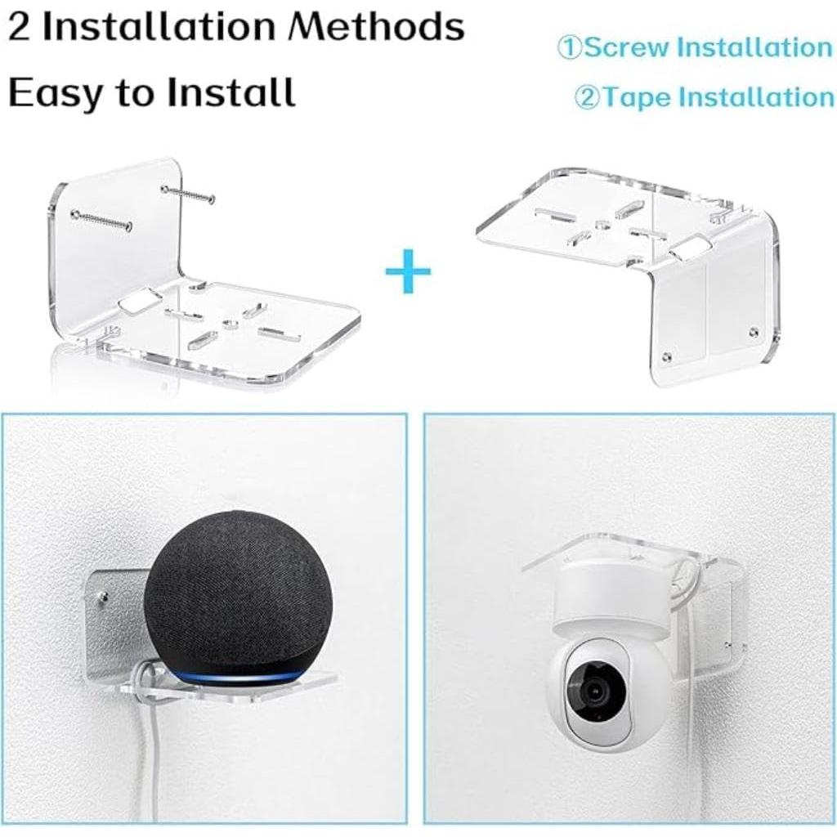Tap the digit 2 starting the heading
[x=20, y=28]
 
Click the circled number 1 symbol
[x=570, y=47]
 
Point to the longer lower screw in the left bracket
[x=101, y=220]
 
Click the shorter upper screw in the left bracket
[x=188, y=195]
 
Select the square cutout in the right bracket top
[x=692, y=248]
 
